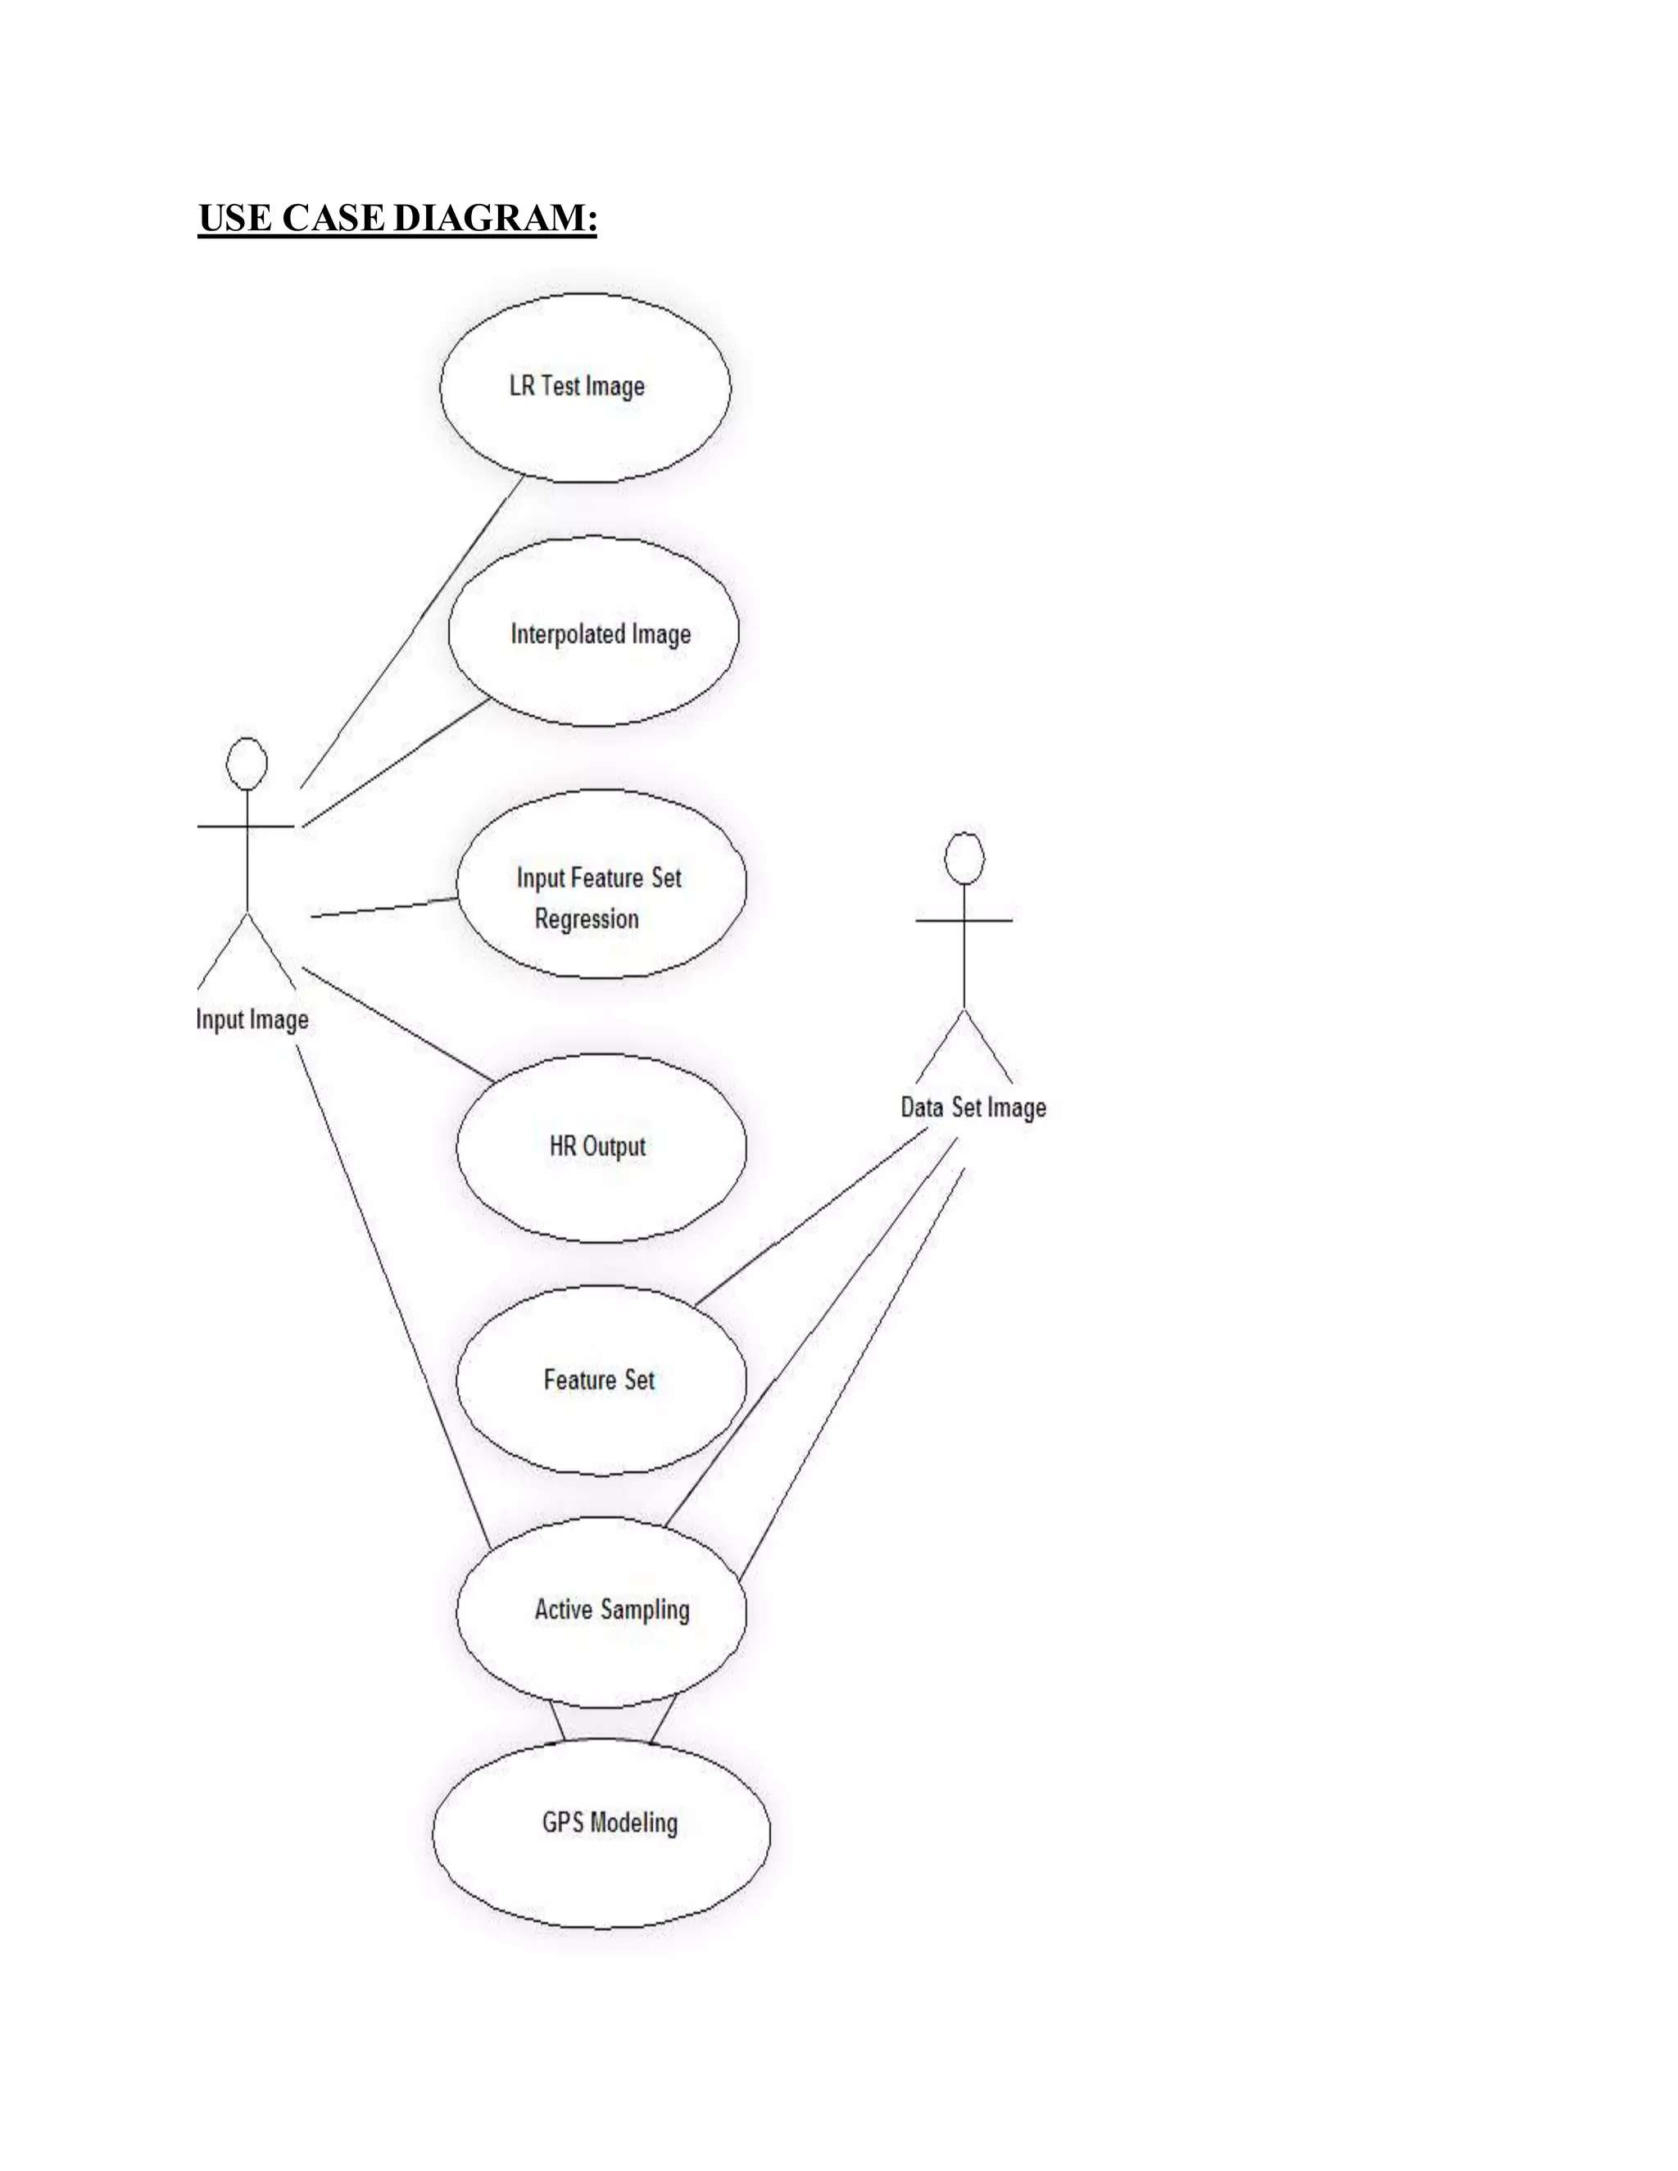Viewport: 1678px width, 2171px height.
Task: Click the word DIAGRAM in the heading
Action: [495, 218]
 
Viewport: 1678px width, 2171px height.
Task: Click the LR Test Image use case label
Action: [577, 386]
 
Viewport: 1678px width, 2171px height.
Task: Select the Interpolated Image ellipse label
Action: [601, 634]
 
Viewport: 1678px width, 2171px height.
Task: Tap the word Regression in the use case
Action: [587, 918]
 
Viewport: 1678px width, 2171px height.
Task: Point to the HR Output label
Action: [597, 1146]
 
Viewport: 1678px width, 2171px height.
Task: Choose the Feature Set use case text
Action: [598, 1380]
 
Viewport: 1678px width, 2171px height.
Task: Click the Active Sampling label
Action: [611, 1609]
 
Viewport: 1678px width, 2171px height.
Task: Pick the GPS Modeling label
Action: [610, 1822]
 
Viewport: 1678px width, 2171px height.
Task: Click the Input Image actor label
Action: [252, 1019]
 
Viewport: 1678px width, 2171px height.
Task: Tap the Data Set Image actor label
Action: [973, 1108]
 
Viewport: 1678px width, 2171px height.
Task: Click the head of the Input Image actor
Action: [247, 764]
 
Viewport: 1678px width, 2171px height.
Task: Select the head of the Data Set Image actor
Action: [964, 858]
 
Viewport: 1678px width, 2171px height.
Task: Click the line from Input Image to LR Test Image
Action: [413, 630]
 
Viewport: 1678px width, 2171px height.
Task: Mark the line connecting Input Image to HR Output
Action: [397, 1025]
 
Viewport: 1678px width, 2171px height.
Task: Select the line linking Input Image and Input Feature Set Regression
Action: [385, 908]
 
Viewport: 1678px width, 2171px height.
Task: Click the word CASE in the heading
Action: [332, 218]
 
